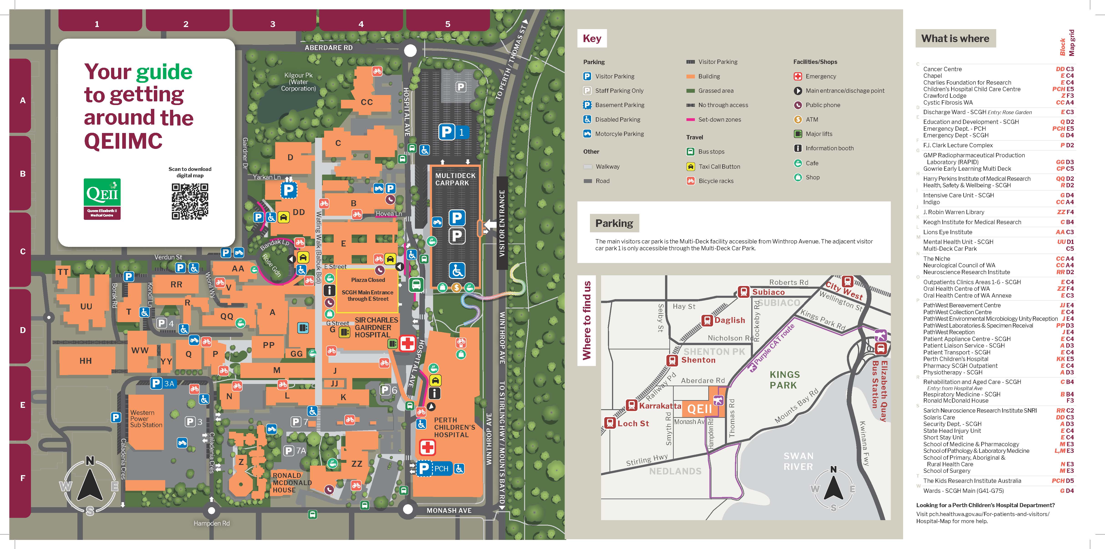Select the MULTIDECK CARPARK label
(x=455, y=179)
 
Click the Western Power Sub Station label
(x=146, y=419)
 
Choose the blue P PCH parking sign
(x=434, y=469)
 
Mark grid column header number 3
(x=273, y=24)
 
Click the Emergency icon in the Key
(x=798, y=76)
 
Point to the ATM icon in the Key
(x=798, y=120)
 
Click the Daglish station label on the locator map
(x=729, y=320)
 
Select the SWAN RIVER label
(x=798, y=461)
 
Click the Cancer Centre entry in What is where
(x=942, y=69)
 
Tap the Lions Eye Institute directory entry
(x=948, y=232)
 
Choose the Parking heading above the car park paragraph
(x=614, y=223)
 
